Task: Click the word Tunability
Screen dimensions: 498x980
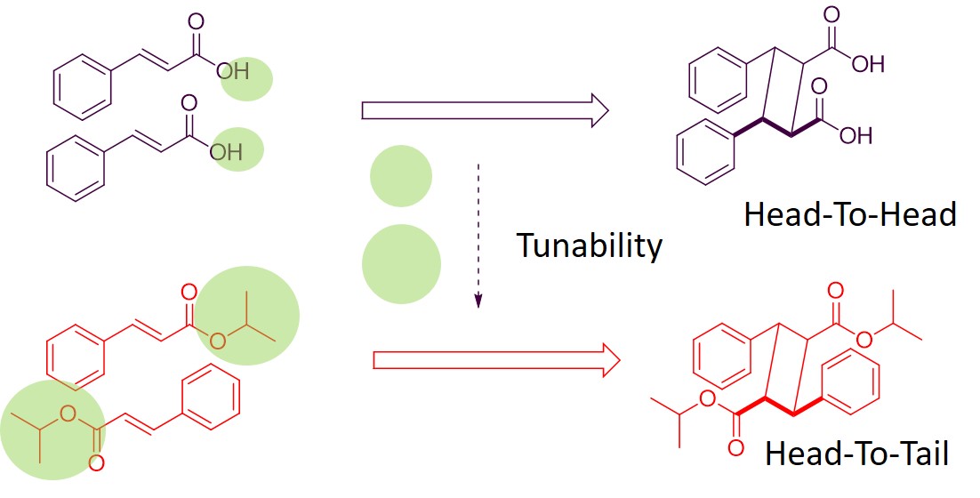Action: (590, 245)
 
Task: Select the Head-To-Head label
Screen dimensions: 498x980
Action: (849, 214)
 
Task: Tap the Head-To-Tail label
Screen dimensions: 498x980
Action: (856, 454)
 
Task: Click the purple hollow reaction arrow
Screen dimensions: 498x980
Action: (485, 110)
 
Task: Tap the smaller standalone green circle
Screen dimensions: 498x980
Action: (401, 176)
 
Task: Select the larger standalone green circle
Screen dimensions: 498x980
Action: (401, 262)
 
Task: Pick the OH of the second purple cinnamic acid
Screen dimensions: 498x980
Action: (227, 151)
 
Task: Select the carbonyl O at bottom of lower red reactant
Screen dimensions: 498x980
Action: (95, 463)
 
